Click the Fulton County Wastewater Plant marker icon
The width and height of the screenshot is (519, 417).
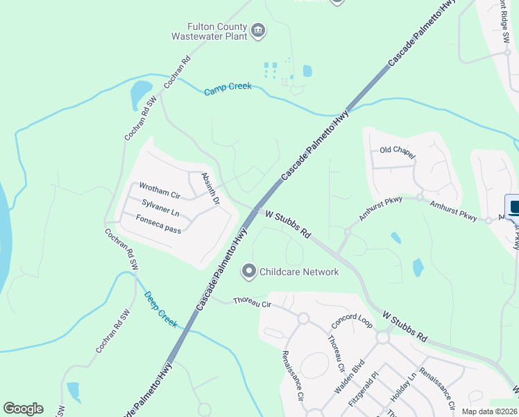[x=258, y=30]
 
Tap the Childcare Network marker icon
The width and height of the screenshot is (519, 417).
[x=249, y=271]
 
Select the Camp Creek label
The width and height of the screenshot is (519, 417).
[x=228, y=90]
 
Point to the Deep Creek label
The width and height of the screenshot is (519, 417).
[x=160, y=309]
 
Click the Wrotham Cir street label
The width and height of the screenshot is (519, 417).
[x=160, y=187]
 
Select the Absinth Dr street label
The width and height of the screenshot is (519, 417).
[x=210, y=188]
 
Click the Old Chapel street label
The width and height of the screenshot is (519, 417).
[x=398, y=150]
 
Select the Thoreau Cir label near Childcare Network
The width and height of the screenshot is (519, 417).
[x=251, y=302]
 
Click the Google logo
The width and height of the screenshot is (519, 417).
[x=23, y=409]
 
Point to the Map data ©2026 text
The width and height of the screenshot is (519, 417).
[x=489, y=411]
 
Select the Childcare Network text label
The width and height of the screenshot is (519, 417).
[x=299, y=272]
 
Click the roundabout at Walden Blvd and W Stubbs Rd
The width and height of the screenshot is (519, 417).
[x=382, y=337]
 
